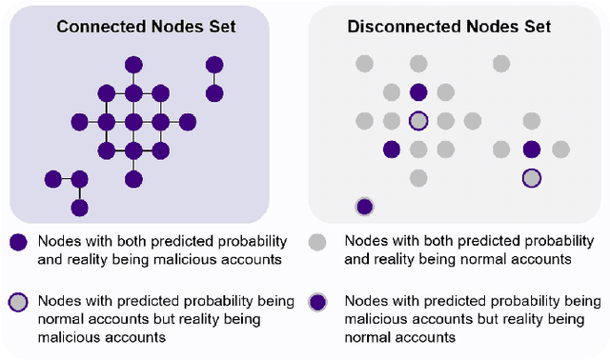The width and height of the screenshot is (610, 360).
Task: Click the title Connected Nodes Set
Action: coord(146,27)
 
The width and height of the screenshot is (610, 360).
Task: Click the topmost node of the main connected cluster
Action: coord(134,65)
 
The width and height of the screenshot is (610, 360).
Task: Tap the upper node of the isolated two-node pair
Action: coord(215,65)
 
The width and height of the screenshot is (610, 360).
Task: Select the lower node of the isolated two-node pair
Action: coord(215,93)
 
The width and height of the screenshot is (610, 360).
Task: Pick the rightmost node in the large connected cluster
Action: coord(188,122)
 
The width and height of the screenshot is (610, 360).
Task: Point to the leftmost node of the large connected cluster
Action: coord(80,122)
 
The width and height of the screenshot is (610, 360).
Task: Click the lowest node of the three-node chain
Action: coord(80,207)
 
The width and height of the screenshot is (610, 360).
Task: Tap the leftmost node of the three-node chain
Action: coord(52,178)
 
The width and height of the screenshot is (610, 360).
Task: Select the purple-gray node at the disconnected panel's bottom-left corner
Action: coord(364,207)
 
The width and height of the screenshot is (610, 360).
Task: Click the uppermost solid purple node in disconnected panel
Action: coord(417,93)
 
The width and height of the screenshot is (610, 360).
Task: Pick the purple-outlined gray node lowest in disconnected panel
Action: coord(532,178)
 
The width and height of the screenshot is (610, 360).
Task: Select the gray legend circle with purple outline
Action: coord(18,303)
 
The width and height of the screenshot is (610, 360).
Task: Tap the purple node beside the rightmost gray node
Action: coord(532,150)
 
